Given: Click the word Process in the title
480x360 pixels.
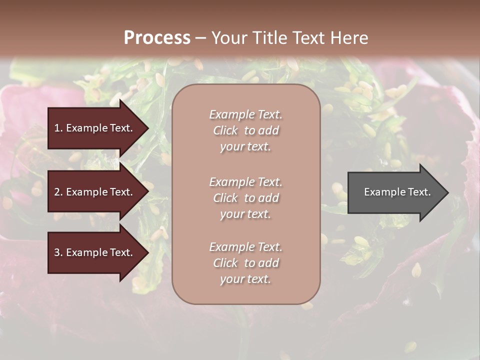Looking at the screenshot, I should coord(157,37).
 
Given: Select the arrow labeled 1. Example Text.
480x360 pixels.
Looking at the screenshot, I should coord(95,128).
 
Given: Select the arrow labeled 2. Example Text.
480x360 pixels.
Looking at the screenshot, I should coord(95,192).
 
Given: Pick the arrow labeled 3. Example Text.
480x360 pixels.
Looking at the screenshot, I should coord(95,252).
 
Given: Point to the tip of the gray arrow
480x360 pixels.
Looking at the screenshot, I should coord(447,192).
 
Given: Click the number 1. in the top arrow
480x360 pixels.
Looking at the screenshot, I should coord(58,128).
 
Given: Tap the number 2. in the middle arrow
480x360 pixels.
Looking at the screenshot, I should coord(58,192).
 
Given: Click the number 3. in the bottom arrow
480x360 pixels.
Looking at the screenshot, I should coord(58,252).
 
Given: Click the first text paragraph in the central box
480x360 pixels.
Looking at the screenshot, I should coord(245,130).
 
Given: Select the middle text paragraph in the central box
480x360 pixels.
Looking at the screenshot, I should coord(245,198).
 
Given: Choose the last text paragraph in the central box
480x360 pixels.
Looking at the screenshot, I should coord(245,263).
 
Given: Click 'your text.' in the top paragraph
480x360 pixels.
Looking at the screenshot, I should coord(245,146).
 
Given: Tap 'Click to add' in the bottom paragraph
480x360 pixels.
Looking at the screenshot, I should coord(245,263).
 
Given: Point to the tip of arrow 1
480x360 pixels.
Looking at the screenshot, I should coord(147,128).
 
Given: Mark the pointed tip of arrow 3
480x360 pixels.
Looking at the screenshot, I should coord(147,252).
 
